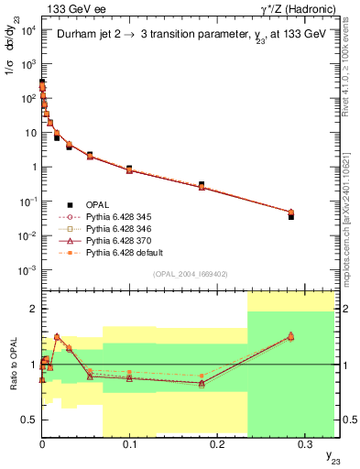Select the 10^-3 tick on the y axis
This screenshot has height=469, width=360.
pos(27,269)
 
